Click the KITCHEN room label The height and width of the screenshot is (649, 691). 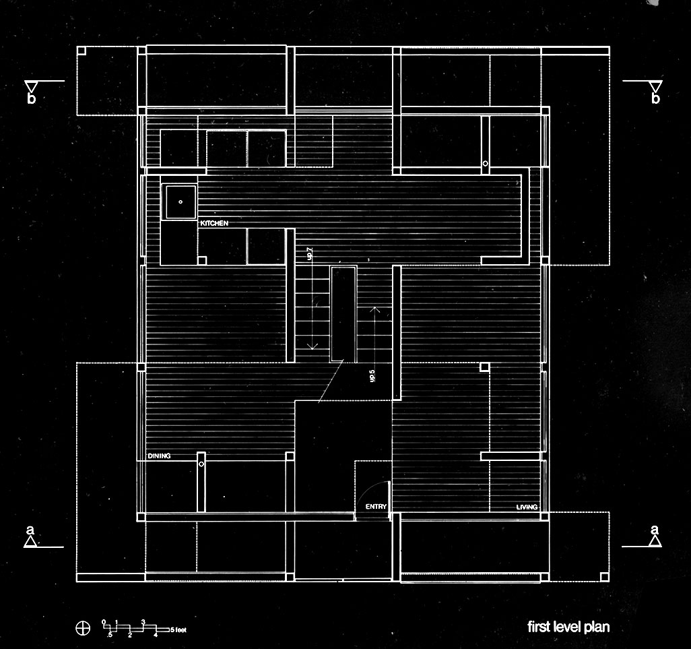[214, 222]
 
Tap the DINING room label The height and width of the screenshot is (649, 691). [160, 456]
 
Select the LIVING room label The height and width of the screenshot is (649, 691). [527, 507]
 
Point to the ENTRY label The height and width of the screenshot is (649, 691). [376, 506]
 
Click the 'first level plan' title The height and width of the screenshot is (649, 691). [568, 627]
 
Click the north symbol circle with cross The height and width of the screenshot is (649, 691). [82, 628]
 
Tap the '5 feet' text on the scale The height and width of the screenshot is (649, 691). [178, 629]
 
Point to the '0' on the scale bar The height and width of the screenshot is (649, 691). [104, 621]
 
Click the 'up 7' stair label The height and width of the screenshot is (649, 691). [309, 253]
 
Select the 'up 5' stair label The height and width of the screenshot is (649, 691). [372, 376]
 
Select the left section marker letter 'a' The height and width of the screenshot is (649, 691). [30, 530]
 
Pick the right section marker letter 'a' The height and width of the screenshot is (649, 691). [655, 530]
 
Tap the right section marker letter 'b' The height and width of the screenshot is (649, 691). [655, 99]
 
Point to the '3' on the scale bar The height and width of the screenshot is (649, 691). [143, 621]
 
